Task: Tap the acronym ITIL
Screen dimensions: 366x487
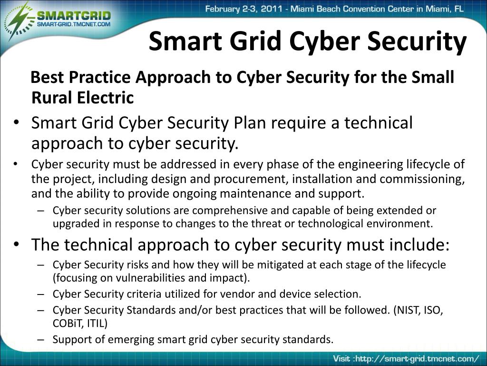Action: [x=97, y=324]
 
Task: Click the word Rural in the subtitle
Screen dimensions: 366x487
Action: [x=49, y=98]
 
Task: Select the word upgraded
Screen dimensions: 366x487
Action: [x=74, y=224]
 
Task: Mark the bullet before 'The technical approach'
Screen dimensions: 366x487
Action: [x=17, y=244]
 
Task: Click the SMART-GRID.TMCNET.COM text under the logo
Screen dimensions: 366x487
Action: [x=74, y=24]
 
